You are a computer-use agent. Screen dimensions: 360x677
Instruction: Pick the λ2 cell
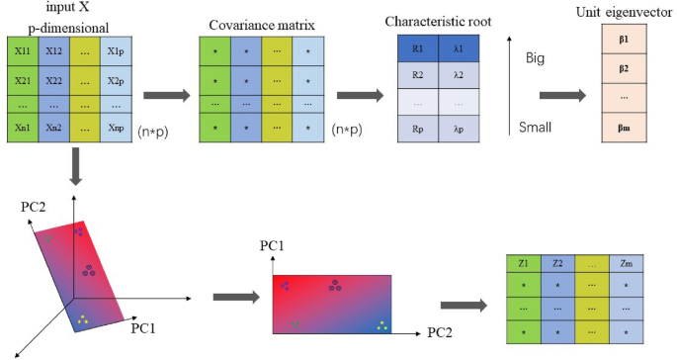[x=457, y=73]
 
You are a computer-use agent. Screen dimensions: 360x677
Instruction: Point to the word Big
[x=534, y=58]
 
